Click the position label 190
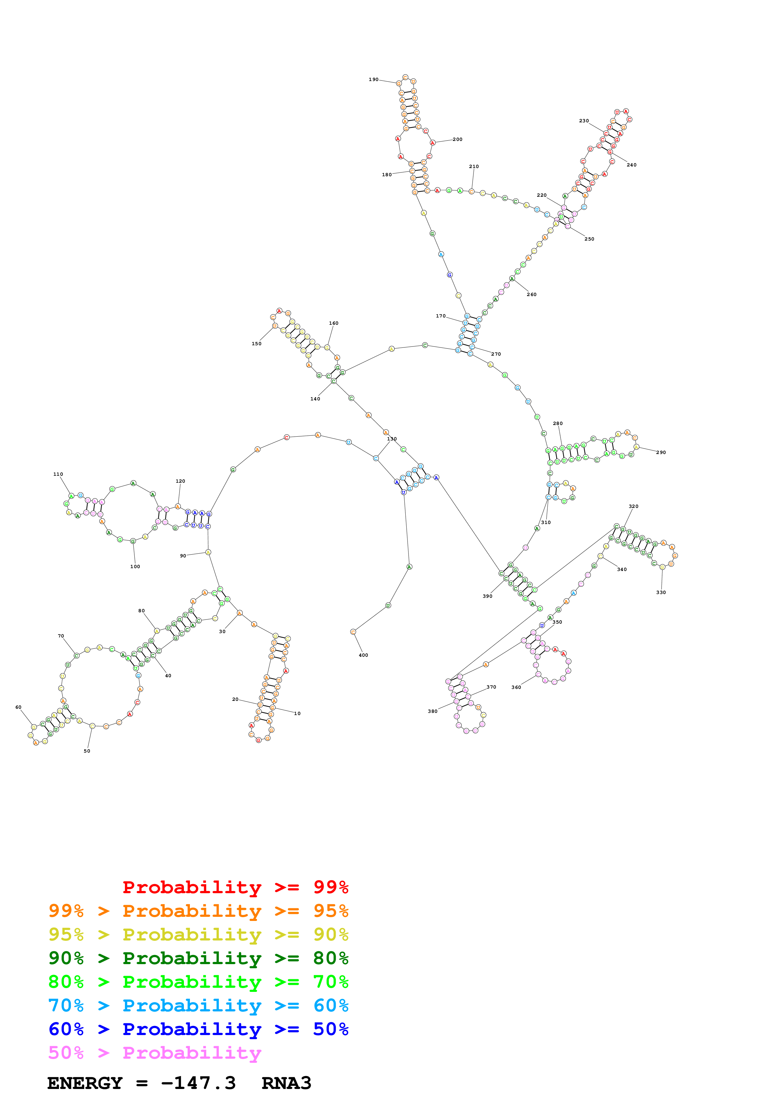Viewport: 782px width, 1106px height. tap(373, 79)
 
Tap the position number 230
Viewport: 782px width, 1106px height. tap(584, 121)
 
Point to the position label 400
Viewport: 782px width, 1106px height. tap(363, 655)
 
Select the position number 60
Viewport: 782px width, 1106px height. tap(18, 707)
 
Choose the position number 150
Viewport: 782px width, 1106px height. tap(256, 343)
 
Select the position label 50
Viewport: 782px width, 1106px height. tap(87, 751)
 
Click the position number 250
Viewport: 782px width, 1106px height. tap(589, 239)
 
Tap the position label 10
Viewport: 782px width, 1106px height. tap(297, 713)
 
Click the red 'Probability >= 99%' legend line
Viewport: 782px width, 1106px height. tap(235, 887)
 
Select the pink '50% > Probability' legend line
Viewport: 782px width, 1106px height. tap(155, 1052)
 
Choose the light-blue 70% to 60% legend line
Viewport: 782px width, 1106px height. tap(198, 1005)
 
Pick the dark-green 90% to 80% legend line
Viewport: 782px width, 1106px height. tap(198, 958)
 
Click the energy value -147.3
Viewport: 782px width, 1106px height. tap(198, 1083)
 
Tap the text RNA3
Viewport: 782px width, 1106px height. tap(286, 1083)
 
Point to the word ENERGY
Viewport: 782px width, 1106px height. tap(85, 1083)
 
